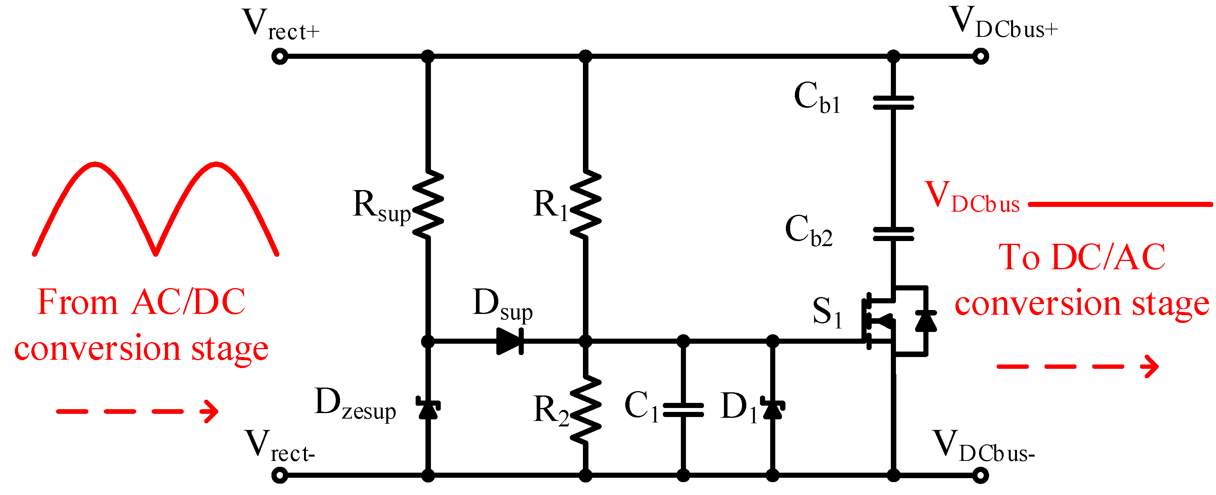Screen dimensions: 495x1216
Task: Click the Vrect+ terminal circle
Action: click(279, 57)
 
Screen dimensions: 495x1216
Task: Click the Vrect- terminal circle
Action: click(279, 475)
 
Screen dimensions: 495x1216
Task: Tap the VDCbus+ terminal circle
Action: click(981, 57)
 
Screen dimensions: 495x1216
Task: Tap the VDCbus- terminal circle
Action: click(981, 475)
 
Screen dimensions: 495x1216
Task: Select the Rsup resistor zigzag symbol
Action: click(428, 204)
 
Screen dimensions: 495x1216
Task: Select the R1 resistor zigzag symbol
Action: click(585, 204)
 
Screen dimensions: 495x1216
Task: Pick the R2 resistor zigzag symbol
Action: click(585, 410)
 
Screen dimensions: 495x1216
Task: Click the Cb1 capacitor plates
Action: click(893, 103)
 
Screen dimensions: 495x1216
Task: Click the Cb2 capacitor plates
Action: click(893, 234)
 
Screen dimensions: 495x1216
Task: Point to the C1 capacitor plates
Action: click(683, 410)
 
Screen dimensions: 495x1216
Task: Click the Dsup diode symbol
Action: click(510, 341)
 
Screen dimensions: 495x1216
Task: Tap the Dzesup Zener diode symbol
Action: click(428, 409)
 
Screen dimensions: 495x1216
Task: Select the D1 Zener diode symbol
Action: click(772, 409)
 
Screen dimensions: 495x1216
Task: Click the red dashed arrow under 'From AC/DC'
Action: click(137, 412)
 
